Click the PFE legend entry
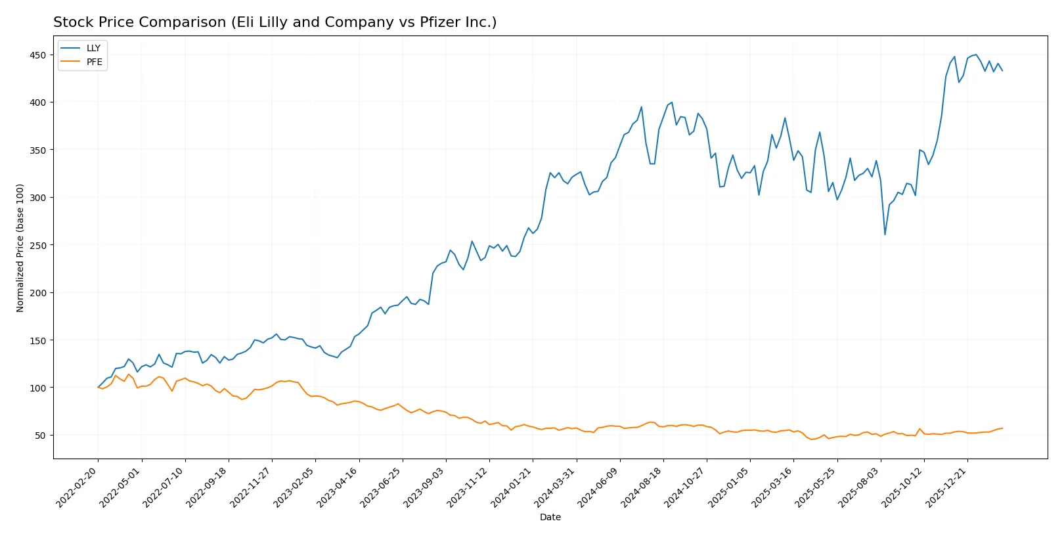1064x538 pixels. (94, 62)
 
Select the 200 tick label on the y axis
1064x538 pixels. (37, 293)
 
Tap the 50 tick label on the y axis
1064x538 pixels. (40, 436)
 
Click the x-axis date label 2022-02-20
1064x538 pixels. (78, 487)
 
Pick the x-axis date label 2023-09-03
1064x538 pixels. (425, 487)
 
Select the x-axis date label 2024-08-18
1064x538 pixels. (642, 487)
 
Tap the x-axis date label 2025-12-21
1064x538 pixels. (946, 487)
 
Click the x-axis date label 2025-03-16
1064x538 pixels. (772, 487)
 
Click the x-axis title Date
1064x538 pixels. (550, 518)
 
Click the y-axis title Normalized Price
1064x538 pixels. (20, 248)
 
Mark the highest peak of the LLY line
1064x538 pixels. (976, 55)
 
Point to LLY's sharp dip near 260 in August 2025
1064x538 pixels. (885, 235)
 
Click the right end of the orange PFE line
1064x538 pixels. (1002, 428)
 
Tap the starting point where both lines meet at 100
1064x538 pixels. (99, 388)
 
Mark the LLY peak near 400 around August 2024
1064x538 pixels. (672, 102)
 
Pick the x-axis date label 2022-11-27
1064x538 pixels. (251, 487)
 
